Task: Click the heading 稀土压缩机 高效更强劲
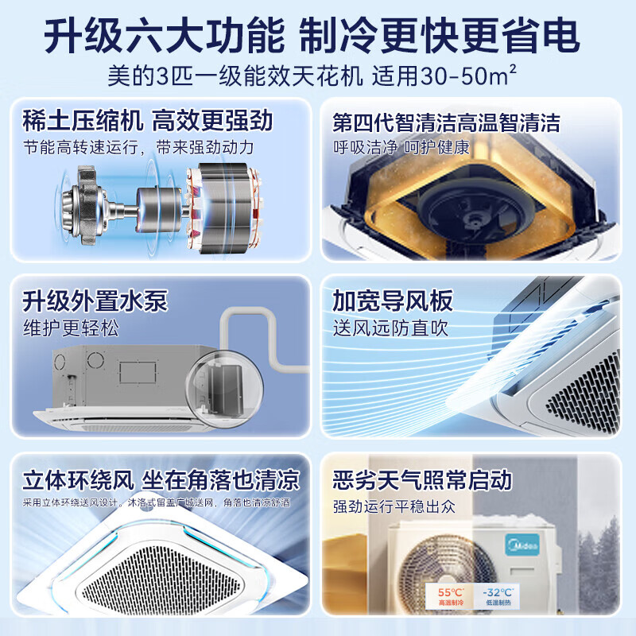[148, 121]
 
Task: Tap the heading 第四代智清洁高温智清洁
[446, 122]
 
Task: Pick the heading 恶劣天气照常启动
[422, 480]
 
